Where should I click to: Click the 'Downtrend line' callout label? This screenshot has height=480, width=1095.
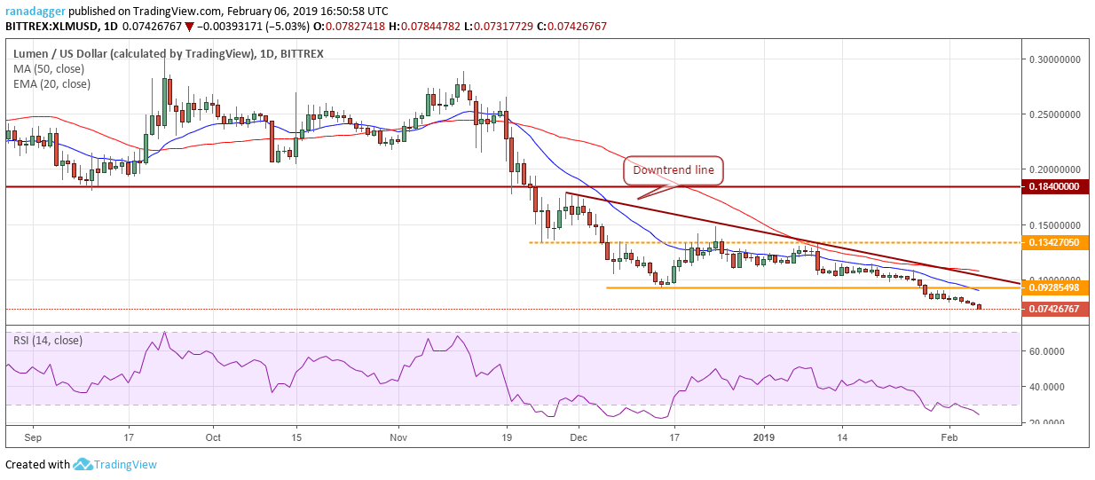673,170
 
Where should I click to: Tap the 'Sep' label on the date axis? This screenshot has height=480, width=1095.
34,437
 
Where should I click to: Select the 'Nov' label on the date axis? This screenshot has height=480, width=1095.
398,437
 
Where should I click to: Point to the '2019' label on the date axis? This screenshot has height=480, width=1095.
765,437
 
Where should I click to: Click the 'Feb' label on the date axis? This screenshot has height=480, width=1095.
949,437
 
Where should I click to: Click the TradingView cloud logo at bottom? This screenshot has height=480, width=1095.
83,464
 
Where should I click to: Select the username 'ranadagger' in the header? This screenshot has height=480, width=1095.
37,11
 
